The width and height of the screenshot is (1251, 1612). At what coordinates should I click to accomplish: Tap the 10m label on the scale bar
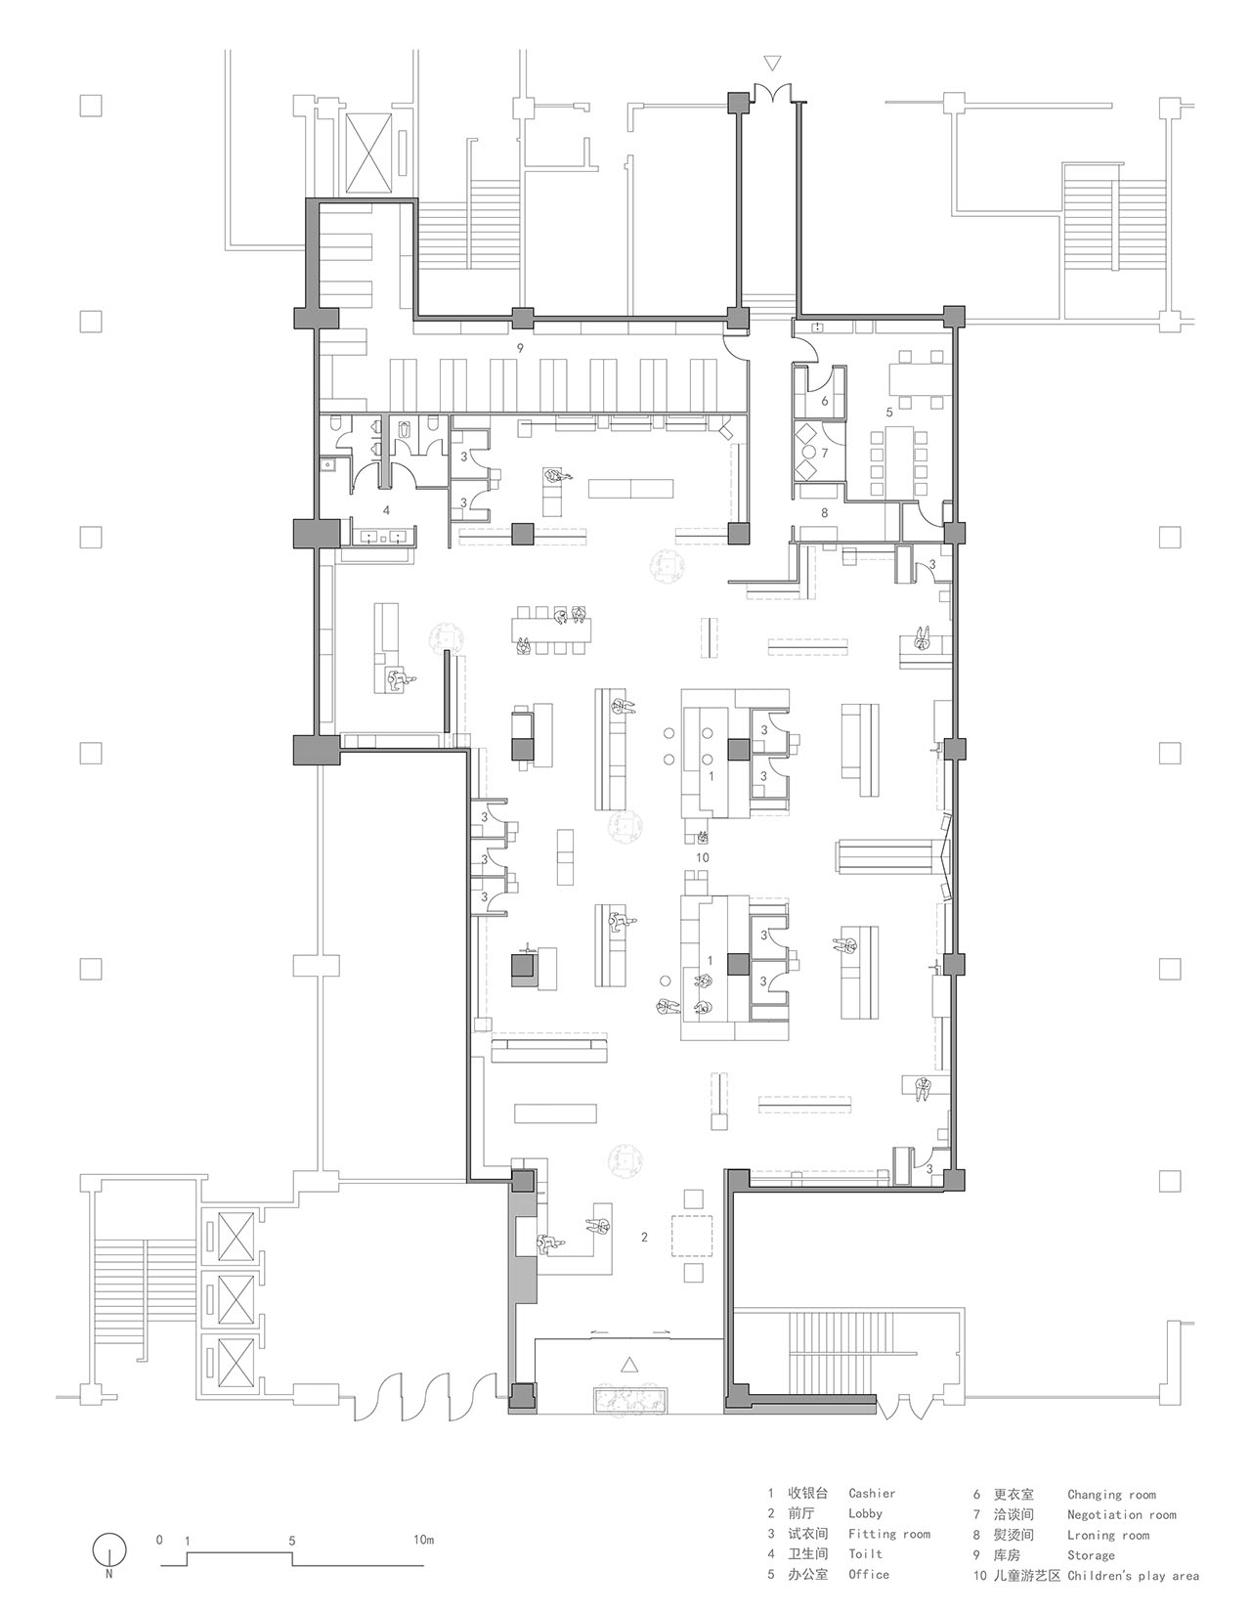[x=423, y=1535]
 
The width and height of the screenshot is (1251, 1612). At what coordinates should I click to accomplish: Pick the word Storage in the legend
[x=1091, y=1555]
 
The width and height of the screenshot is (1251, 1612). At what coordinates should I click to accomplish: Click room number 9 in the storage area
[x=521, y=347]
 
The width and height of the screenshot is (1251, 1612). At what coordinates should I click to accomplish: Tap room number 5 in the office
[x=889, y=410]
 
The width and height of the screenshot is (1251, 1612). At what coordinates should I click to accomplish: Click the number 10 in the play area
[x=703, y=857]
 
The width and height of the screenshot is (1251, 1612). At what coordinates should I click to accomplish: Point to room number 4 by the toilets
[x=386, y=510]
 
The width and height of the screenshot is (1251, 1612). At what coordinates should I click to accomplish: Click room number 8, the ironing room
[x=824, y=512]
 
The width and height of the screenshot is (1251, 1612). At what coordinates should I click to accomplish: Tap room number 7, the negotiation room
[x=824, y=453]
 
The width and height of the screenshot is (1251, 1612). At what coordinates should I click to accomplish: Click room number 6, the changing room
[x=824, y=402]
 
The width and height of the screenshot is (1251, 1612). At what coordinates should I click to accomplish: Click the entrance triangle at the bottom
[x=628, y=1364]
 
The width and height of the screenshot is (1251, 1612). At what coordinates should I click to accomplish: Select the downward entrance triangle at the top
[x=772, y=65]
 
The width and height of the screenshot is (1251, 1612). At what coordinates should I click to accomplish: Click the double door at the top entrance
[x=772, y=93]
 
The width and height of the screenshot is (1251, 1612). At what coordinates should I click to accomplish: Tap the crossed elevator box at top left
[x=368, y=154]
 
